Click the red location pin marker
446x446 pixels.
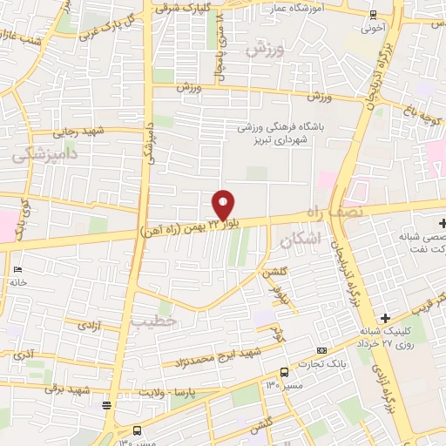223,205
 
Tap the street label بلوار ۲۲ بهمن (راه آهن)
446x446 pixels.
187,228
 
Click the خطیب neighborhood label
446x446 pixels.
153,321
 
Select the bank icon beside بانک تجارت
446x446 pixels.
322,350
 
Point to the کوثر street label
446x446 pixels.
278,332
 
